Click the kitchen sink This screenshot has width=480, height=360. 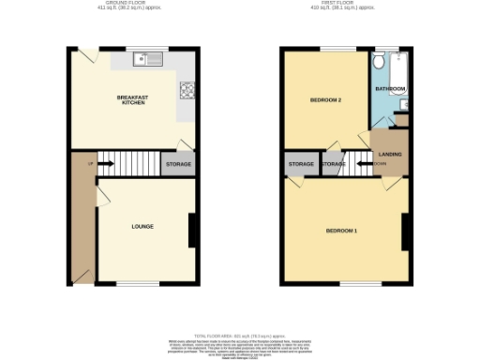tap(148, 62)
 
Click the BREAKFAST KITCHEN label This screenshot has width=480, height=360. tap(131, 99)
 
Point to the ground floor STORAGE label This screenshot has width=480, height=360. tap(178, 165)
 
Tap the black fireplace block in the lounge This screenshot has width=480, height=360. tap(191, 231)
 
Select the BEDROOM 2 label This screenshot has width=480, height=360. tap(324, 99)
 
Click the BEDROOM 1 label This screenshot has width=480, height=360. tap(341, 231)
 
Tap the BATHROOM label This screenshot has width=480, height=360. tap(390, 89)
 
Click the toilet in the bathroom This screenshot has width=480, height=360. tap(378, 62)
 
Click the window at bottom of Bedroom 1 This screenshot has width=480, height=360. tap(353, 282)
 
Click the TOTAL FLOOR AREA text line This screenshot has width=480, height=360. tap(240, 335)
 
